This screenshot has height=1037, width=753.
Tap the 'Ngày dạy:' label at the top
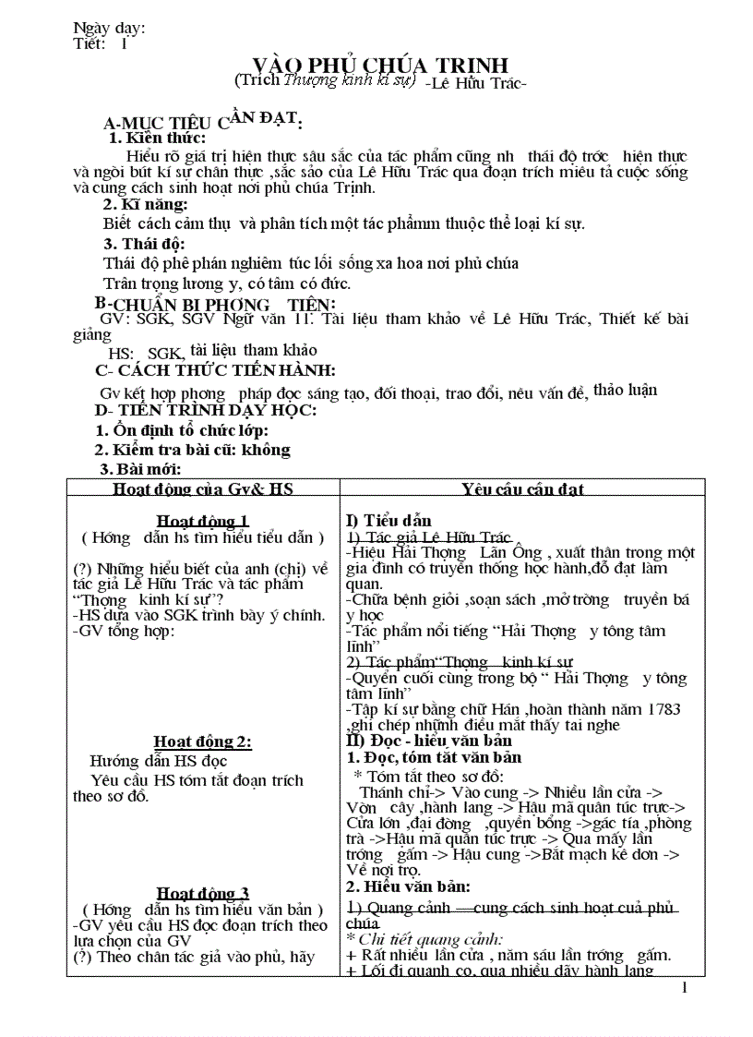109,28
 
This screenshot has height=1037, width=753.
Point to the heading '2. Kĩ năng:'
145,204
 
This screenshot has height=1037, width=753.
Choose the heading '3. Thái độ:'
144,244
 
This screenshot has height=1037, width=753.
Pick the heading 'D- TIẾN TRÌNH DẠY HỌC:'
206,411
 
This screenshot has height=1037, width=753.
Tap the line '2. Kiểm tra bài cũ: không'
193,450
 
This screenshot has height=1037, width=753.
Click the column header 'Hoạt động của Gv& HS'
203,489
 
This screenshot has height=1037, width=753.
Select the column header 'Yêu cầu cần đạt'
522,489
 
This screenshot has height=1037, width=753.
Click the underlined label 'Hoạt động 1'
203,521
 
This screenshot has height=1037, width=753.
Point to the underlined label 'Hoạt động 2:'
203,742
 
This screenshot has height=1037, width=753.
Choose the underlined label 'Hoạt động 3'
203,892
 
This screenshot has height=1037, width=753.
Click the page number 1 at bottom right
684,988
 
